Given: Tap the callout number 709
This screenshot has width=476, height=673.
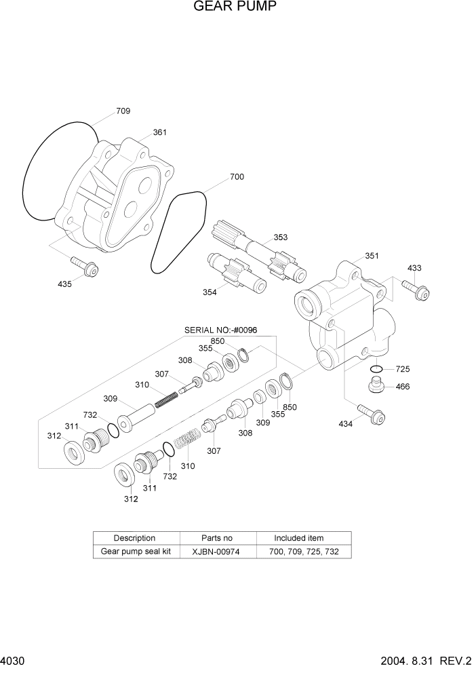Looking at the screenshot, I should (123, 111).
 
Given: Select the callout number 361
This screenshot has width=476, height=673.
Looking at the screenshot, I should (159, 132).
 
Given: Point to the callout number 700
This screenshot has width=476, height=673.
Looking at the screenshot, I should (237, 176).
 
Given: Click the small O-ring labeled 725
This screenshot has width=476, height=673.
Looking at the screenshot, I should (378, 370).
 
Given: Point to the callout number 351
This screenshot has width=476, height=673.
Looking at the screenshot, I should (372, 256).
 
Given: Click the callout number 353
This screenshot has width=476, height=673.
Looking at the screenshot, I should (280, 237).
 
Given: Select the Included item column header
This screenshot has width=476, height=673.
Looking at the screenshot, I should (298, 538).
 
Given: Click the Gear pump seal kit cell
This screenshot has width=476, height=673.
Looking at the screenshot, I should (134, 552).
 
